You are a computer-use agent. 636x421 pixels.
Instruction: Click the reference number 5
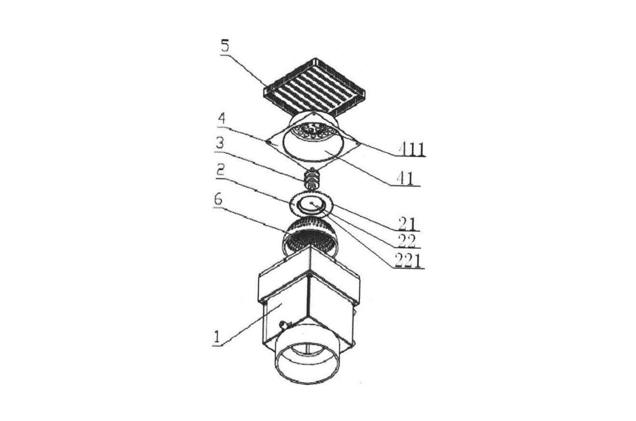224,47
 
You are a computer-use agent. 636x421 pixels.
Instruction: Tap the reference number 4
222,119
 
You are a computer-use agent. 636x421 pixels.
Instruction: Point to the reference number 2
220,170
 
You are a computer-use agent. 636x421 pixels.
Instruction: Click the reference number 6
218,200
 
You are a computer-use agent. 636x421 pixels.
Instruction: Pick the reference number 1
217,338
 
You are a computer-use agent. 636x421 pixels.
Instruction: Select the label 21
408,224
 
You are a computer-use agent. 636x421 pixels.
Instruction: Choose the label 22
407,241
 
